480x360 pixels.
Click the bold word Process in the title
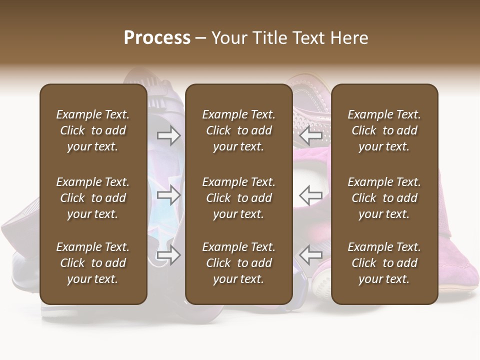[157, 38]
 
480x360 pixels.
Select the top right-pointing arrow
[168, 135]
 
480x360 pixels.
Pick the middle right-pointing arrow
[168, 195]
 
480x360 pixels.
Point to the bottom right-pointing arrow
[168, 255]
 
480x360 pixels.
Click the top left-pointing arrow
[311, 135]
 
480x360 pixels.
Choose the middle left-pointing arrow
[311, 195]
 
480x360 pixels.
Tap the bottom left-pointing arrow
[311, 255]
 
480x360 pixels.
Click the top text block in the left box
[93, 130]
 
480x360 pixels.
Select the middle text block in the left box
[93, 198]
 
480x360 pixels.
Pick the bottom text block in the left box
[93, 263]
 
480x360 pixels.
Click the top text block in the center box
[238, 130]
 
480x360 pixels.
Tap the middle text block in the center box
[238, 198]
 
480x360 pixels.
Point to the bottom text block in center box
[238, 263]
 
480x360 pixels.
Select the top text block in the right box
[384, 130]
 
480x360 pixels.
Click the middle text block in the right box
[384, 198]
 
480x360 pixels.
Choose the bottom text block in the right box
[384, 263]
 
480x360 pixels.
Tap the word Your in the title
[228, 38]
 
